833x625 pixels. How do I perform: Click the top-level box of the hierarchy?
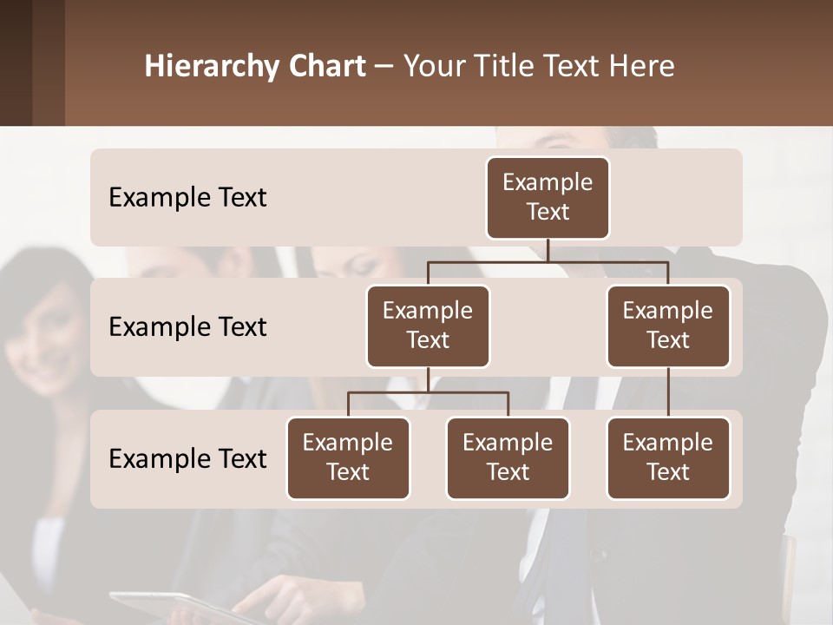pos(548,197)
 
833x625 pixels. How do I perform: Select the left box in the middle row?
pos(428,326)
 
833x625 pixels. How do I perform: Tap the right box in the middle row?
pos(668,326)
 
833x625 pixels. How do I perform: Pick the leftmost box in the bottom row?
pos(348,457)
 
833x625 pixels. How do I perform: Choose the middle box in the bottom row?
pos(508,457)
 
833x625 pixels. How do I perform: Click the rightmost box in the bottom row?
pos(668,457)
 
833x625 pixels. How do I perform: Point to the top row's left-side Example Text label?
pos(187,197)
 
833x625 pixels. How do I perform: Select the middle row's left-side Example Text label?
pos(187,326)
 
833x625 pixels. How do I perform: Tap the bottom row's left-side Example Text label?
pos(187,458)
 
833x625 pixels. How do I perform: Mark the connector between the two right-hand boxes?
pos(668,392)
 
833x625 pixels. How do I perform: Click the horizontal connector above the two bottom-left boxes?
pos(428,392)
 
